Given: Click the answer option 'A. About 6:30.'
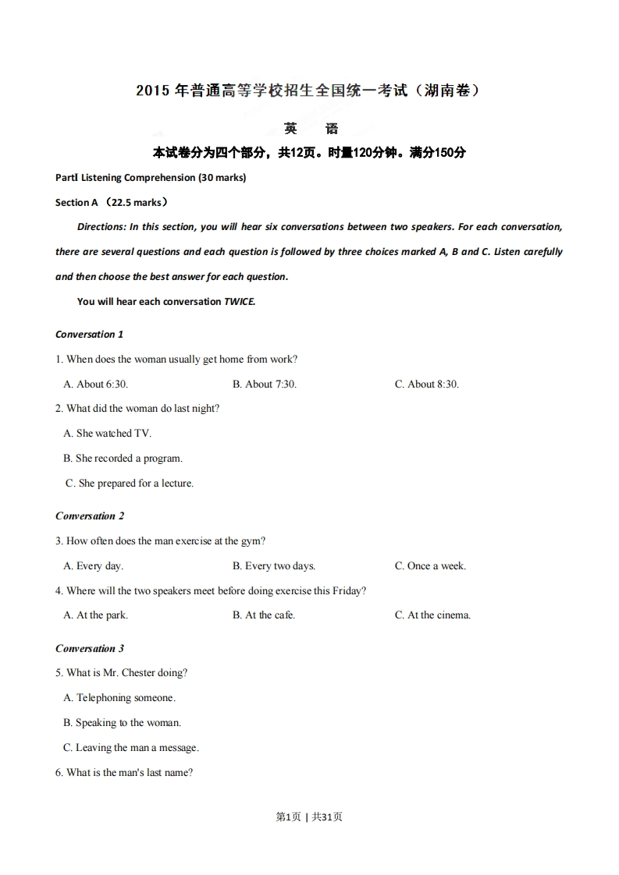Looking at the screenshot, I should pos(95,384).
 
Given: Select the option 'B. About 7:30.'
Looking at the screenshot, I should pos(265,384).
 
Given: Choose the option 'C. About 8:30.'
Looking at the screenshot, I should pos(426,384).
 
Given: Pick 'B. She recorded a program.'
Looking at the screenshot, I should pos(123,459).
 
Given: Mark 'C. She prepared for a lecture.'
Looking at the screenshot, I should pos(130,484).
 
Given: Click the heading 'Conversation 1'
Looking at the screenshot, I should pos(89,335).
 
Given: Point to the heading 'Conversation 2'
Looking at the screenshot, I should pos(90,516).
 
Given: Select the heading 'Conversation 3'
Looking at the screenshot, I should pos(90,649).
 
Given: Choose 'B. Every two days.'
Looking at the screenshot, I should pos(273,566).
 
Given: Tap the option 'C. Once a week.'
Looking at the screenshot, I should pos(430,566).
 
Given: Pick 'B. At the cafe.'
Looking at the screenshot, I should pos(263,615).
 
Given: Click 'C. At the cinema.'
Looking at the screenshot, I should pos(432,615).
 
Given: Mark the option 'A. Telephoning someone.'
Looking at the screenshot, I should pos(119,698).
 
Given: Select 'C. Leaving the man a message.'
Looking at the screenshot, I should pos(131,748).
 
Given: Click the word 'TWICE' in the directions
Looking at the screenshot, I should pos(240,302).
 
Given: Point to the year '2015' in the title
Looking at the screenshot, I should pos(152,91).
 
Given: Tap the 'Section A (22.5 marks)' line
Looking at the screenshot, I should pos(112,203).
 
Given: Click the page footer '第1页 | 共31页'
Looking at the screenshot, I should pos(309,817).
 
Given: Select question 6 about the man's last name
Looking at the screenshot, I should pos(124,773).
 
